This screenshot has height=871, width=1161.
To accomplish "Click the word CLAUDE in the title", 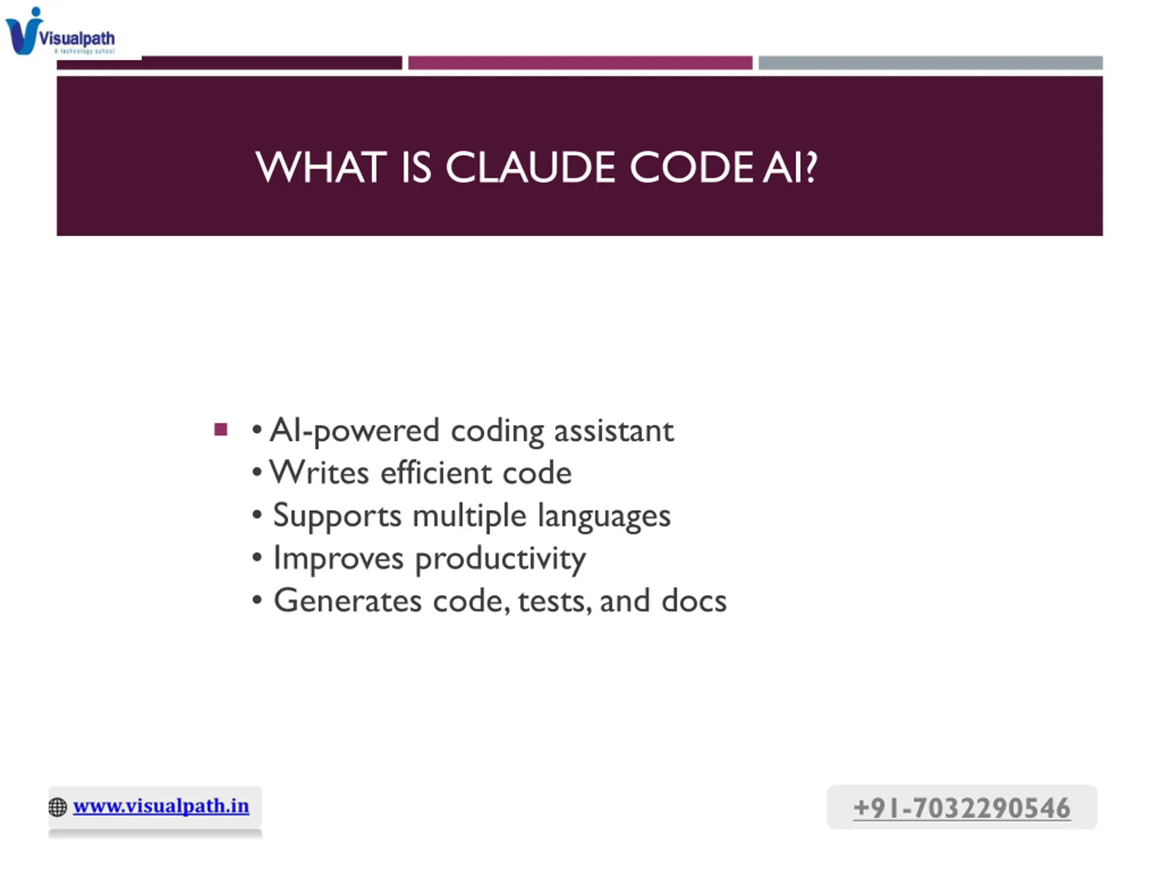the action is [x=530, y=167].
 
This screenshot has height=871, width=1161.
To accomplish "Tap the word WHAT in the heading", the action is [x=321, y=167].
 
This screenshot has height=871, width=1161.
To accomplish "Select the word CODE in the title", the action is [x=692, y=167].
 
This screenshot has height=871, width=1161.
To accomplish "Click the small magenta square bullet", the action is [x=221, y=430].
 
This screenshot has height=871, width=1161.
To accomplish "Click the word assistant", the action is [x=614, y=431].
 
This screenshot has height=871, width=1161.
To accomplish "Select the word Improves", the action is [x=338, y=558].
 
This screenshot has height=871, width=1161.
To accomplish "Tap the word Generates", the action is [x=347, y=600].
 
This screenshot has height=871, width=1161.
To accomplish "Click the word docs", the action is [x=694, y=600].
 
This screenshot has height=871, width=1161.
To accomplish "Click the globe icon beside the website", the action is [x=58, y=807].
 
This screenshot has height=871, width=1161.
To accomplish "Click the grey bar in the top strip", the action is [x=930, y=63].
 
